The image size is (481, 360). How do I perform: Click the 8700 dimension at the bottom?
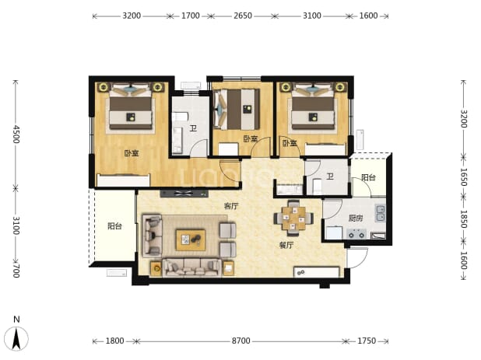click(240, 341)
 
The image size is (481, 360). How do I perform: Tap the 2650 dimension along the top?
click(243, 16)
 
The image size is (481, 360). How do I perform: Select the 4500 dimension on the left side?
click(16, 135)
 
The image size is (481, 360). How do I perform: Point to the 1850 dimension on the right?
click(464, 219)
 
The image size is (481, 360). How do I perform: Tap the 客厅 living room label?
click(231, 206)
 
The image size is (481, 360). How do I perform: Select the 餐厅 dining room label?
click(286, 245)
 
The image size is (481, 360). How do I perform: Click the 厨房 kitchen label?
click(356, 218)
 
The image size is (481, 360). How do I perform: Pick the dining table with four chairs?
click(293, 218)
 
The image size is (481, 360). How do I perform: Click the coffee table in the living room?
click(191, 240)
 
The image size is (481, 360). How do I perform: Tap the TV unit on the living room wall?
click(184, 194)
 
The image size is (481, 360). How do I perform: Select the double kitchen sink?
click(381, 214)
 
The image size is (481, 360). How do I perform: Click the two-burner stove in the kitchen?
click(356, 234)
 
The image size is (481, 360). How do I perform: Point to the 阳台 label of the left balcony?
click(115, 226)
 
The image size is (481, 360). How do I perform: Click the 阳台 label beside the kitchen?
click(368, 177)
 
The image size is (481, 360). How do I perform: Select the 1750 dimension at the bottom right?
click(367, 341)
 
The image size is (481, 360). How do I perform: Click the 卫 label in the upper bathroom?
click(193, 128)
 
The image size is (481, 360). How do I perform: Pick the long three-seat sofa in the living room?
click(191, 267)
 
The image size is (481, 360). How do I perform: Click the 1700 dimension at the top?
click(191, 16)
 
